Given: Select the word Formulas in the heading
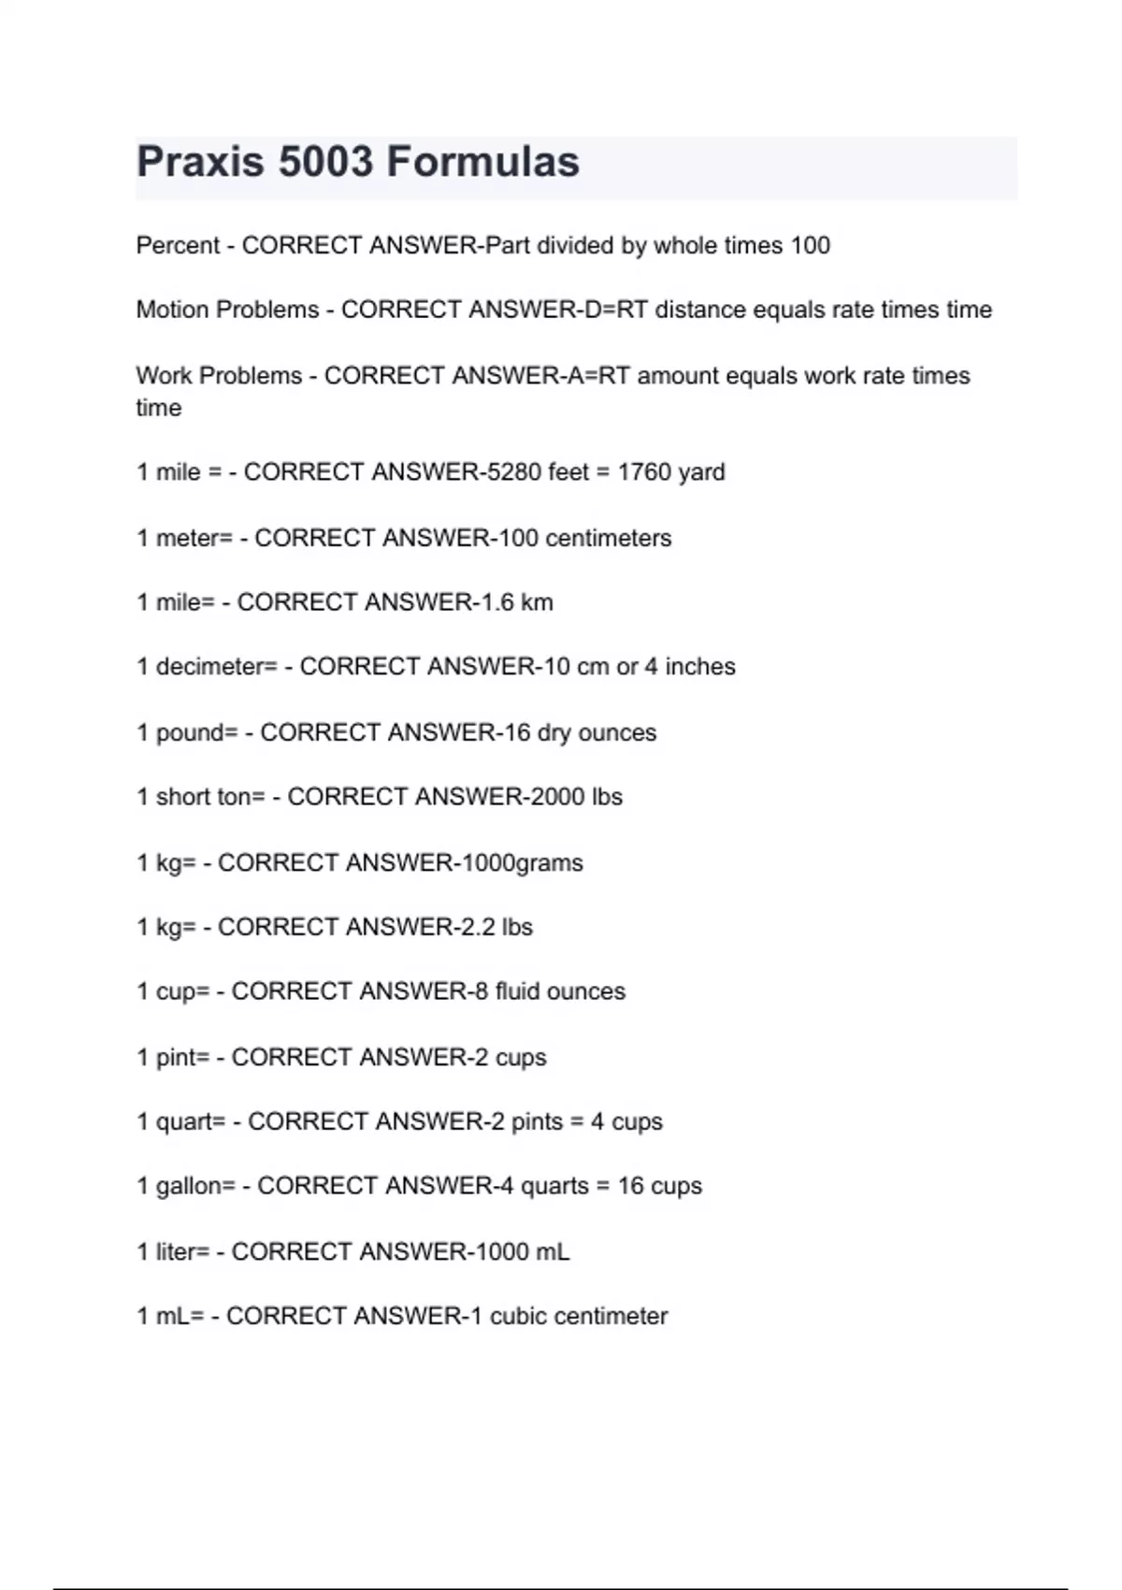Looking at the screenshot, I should click(482, 162).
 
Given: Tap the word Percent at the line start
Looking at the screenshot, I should click(178, 246).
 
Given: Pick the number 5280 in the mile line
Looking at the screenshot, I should click(513, 472).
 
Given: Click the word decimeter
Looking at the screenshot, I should click(216, 667).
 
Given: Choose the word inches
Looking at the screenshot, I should click(700, 667).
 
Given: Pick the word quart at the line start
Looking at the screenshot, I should click(191, 1121).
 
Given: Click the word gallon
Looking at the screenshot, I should click(195, 1186).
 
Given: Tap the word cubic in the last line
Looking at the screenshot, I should click(518, 1316).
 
